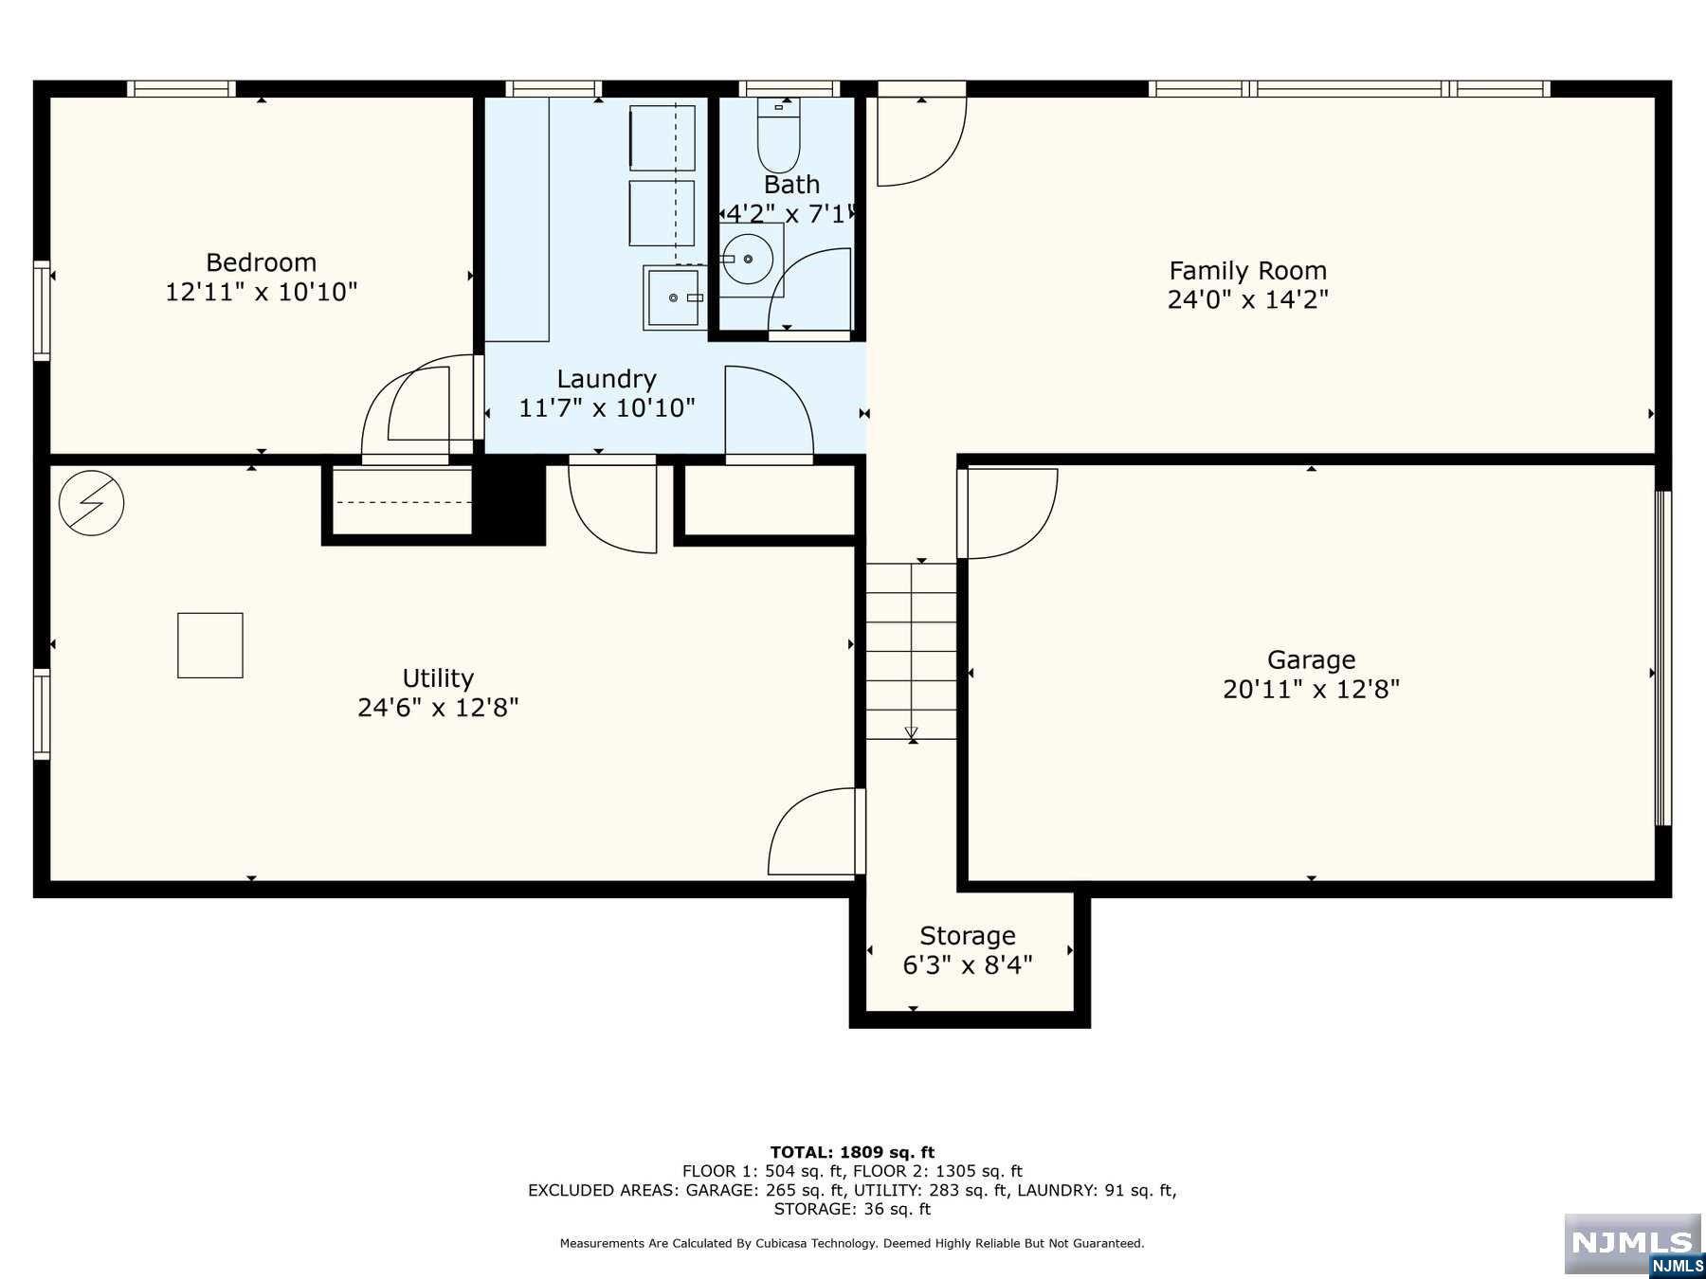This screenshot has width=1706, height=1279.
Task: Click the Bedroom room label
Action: tap(262, 262)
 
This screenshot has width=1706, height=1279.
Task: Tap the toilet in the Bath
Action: tap(778, 138)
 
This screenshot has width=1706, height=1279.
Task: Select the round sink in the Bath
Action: tap(748, 258)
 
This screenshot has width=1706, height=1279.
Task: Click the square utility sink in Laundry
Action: tap(674, 297)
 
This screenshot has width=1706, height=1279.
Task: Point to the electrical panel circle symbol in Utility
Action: tap(91, 502)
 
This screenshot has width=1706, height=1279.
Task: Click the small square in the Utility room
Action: tap(209, 645)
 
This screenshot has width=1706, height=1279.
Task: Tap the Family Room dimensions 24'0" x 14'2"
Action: tap(1247, 300)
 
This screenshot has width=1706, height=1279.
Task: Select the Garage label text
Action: tap(1311, 659)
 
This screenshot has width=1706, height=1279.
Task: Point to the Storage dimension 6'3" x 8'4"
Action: tap(967, 965)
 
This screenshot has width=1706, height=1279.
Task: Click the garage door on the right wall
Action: tap(1662, 658)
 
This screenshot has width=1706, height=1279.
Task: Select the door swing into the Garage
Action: tap(1009, 513)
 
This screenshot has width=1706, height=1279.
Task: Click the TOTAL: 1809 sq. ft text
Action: tap(852, 1152)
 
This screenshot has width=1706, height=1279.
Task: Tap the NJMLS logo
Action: tap(1631, 1244)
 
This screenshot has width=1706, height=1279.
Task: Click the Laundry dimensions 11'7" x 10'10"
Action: tap(607, 408)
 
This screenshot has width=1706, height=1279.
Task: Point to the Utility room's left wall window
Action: tap(42, 713)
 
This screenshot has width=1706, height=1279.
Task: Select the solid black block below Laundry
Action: tap(509, 500)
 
